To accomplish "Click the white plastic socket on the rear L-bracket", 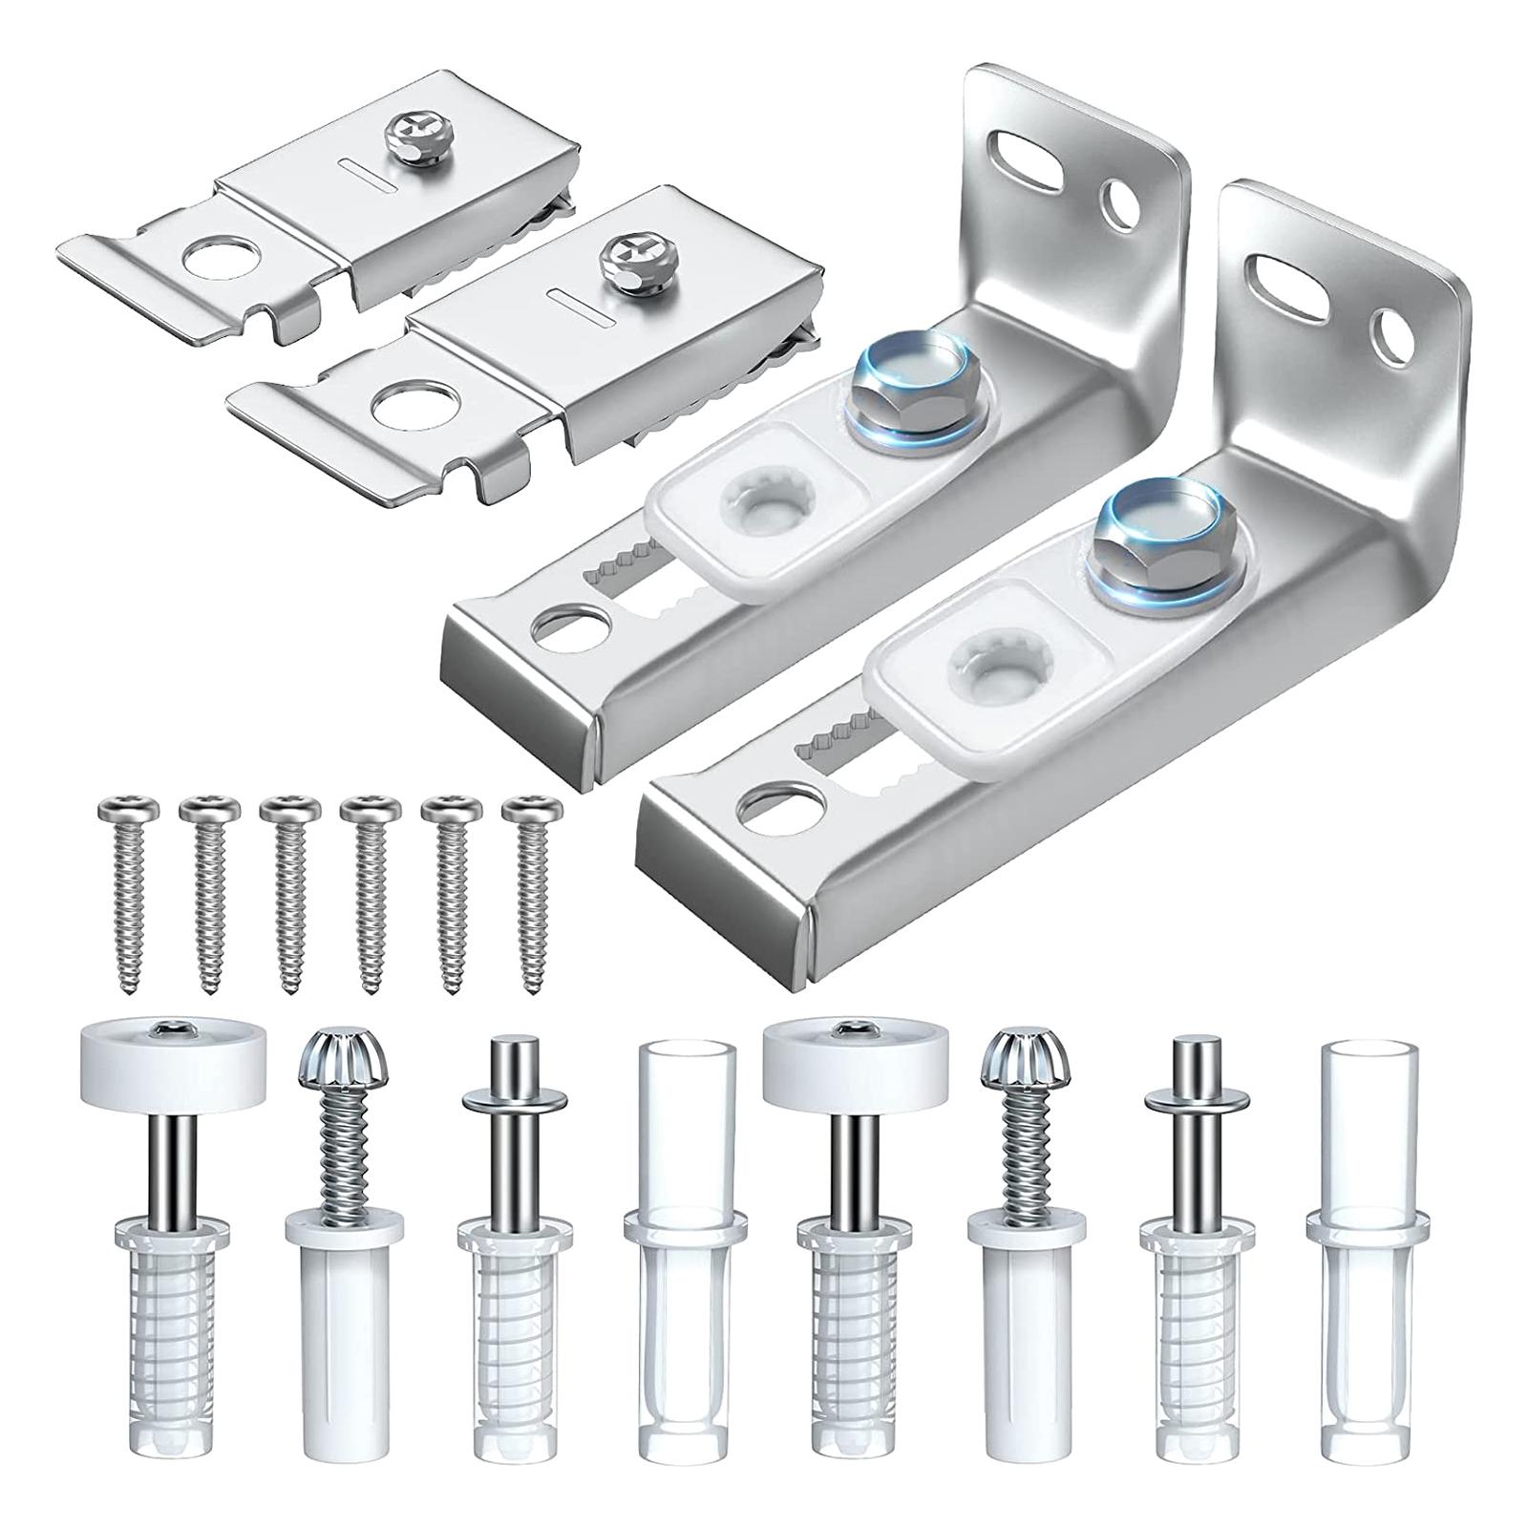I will click(x=761, y=497).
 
